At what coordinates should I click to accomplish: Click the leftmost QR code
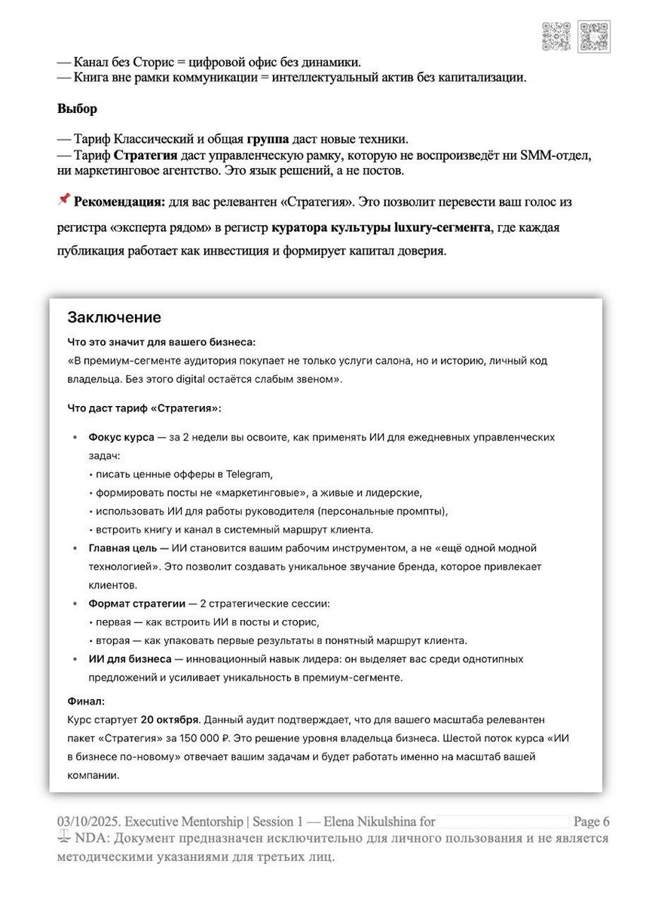[x=556, y=36]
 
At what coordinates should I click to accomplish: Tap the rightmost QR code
[x=594, y=36]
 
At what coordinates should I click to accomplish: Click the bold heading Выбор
[x=77, y=108]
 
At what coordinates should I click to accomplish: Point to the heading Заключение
[x=114, y=316]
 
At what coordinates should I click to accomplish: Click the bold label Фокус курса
[x=121, y=437]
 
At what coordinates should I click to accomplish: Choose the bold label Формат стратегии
[x=136, y=603]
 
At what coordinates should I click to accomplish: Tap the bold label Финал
[x=86, y=701]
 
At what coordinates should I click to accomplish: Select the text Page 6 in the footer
[x=592, y=821]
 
